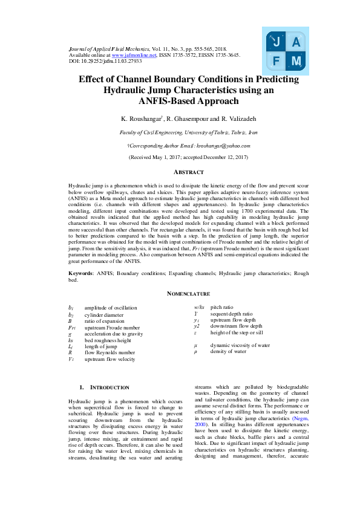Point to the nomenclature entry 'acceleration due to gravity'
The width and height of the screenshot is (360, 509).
(x=113, y=333)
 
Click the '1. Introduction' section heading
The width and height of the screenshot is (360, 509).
(x=104, y=387)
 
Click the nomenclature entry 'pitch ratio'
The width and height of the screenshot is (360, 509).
(x=221, y=308)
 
